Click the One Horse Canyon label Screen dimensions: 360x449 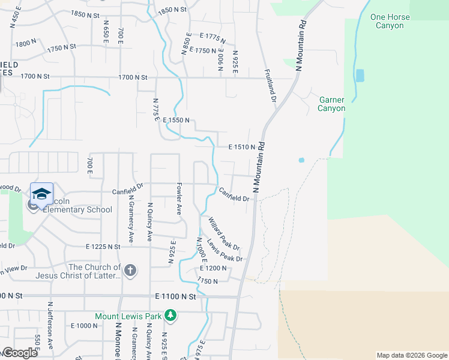click(x=390, y=21)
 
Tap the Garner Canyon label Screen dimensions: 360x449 click(x=332, y=104)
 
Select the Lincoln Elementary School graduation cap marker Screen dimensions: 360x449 click(x=41, y=194)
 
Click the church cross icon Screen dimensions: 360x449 click(x=130, y=271)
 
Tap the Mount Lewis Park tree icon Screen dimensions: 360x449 click(x=170, y=316)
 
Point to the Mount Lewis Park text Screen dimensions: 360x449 click(x=128, y=316)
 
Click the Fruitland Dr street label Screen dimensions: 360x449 click(x=270, y=86)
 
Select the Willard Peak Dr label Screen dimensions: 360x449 click(x=224, y=234)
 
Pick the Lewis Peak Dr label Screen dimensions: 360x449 click(x=224, y=251)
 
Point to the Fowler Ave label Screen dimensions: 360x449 click(x=178, y=199)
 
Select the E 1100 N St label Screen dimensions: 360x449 click(x=175, y=296)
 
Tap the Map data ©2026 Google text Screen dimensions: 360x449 click(x=411, y=355)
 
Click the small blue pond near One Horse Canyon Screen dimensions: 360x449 click(x=360, y=76)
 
